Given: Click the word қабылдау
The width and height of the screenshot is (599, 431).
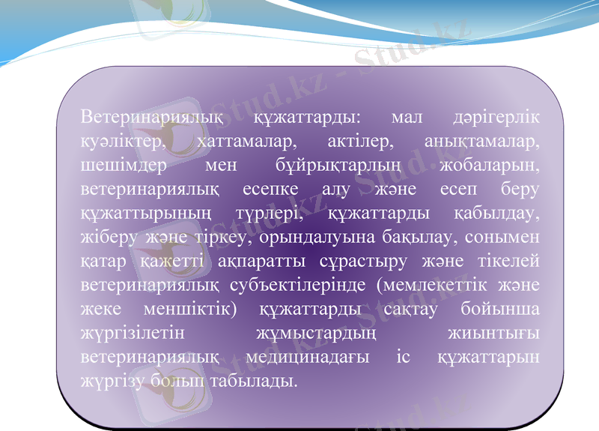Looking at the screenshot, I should tap(497, 212).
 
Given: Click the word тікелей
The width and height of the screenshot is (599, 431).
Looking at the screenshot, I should tap(507, 260).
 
